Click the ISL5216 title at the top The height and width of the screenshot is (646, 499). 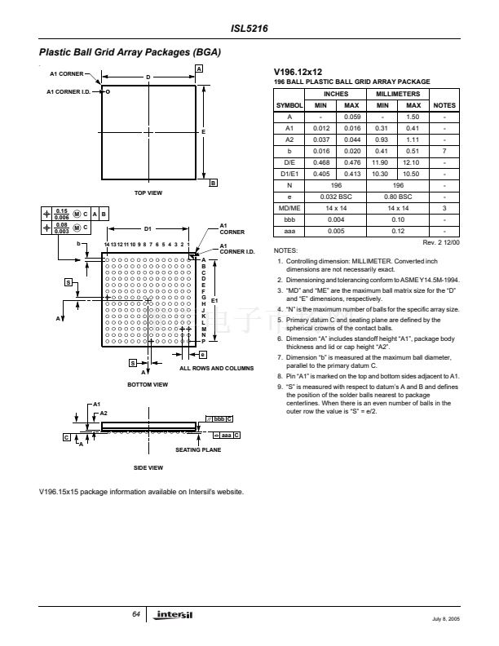pyautogui.click(x=249, y=29)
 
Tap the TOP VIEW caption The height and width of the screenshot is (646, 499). pyautogui.click(x=149, y=192)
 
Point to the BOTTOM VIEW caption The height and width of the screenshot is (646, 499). pyautogui.click(x=147, y=383)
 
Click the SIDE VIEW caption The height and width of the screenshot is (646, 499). pyautogui.click(x=148, y=467)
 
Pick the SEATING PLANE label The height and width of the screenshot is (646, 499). pyautogui.click(x=198, y=450)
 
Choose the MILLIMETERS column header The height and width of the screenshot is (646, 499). pyautogui.click(x=398, y=95)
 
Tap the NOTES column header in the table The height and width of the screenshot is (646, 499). pyautogui.click(x=444, y=105)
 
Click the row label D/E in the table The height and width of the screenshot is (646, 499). pyautogui.click(x=289, y=162)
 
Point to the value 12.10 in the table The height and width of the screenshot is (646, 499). pyautogui.click(x=413, y=162)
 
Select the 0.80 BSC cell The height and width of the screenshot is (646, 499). pyautogui.click(x=398, y=197)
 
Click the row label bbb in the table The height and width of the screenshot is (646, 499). pyautogui.click(x=289, y=219)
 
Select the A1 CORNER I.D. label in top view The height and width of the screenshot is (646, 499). pyautogui.click(x=67, y=91)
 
